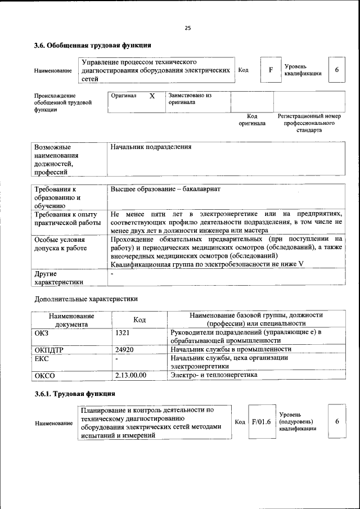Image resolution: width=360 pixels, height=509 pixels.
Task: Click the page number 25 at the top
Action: coord(187,28)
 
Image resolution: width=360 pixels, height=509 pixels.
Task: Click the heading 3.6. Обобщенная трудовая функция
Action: coord(92,45)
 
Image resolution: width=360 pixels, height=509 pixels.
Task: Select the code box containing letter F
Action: coord(271,70)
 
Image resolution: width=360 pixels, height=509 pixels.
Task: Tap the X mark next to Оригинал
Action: coord(152,96)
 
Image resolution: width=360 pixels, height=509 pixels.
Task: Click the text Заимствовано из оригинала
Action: coord(190,99)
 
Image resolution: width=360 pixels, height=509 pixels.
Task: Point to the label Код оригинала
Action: coord(251,119)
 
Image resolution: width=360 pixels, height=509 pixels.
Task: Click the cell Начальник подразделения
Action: coord(151,147)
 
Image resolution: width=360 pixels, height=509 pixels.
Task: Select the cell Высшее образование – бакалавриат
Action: coord(165,190)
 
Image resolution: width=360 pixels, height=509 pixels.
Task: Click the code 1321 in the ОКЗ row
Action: coord(122,333)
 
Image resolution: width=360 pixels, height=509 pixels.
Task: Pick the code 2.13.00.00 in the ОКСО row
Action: coord(130,375)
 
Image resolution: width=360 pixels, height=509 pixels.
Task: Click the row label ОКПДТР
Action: coord(49,350)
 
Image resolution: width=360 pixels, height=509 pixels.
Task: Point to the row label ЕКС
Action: coord(42,358)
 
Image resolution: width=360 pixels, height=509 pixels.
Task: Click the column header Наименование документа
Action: coord(71,320)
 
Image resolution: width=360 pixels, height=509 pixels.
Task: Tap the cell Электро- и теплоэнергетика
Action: coord(214,375)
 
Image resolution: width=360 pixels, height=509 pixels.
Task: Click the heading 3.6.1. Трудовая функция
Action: coord(75,394)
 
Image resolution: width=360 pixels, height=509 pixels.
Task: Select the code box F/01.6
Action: coord(261,421)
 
